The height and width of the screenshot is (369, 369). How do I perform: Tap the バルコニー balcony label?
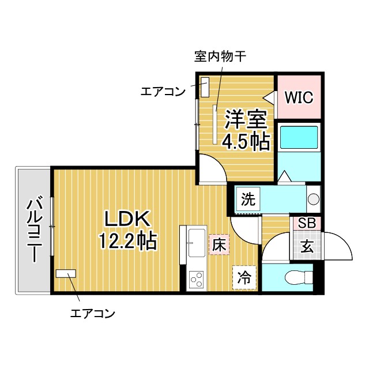click(x=33, y=229)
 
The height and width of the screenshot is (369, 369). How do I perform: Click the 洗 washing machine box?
click(x=247, y=199)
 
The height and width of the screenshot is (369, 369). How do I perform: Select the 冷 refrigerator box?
click(x=244, y=277)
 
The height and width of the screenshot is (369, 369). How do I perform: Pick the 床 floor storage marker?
click(x=219, y=244)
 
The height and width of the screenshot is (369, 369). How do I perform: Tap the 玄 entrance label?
click(x=306, y=247)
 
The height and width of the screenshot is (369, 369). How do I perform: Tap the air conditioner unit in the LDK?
click(x=66, y=273)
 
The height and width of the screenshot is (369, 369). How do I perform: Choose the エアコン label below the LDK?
click(x=92, y=314)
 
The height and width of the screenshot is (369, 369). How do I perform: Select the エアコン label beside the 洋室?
click(x=163, y=91)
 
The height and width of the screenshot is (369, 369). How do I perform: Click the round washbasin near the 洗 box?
click(x=314, y=199)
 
